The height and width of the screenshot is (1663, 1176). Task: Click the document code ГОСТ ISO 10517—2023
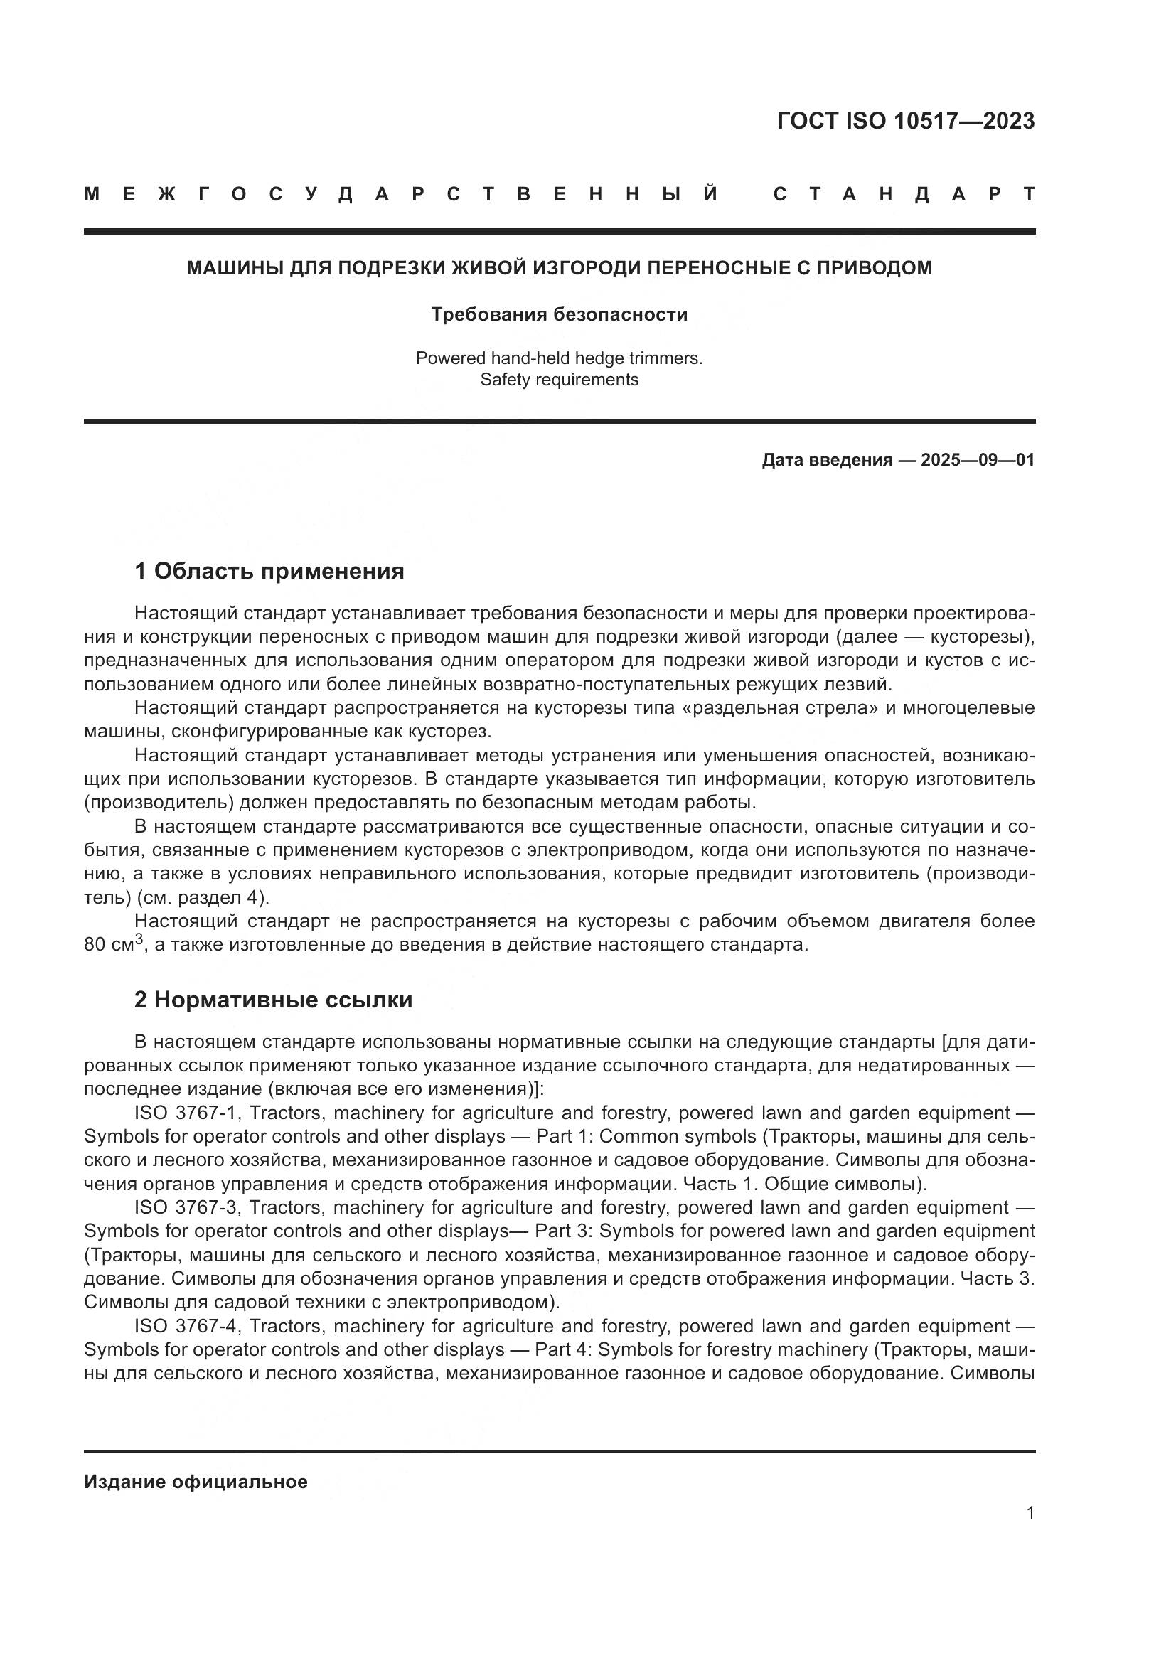(x=905, y=122)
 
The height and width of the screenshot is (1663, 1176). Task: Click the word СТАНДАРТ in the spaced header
(x=904, y=194)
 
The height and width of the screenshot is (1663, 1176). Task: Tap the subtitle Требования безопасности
(x=559, y=314)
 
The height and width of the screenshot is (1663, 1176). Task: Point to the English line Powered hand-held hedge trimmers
(x=559, y=358)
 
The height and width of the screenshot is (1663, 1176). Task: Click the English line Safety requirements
(x=559, y=380)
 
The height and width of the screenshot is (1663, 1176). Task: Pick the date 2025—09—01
(x=978, y=460)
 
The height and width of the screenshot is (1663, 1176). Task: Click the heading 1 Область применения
(x=269, y=572)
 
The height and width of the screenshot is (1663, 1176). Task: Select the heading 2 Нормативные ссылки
(x=273, y=1000)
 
